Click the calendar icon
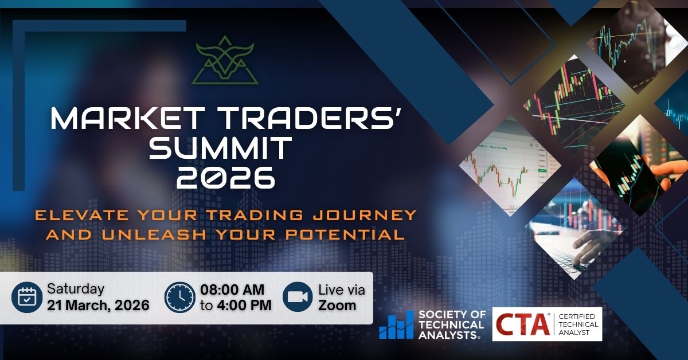27,297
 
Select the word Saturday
76,289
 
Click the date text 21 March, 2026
98,305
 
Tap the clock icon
179,297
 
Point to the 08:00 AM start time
235,289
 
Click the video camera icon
297,297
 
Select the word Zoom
337,305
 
